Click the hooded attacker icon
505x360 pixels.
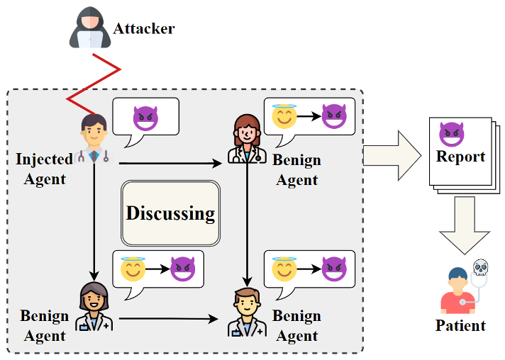coord(89,30)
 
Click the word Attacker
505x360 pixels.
coord(144,28)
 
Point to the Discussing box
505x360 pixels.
coord(170,213)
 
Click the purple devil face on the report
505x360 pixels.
coord(451,133)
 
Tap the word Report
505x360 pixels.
coord(460,157)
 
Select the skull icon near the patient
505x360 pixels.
coord(481,268)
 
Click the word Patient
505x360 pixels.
coord(460,326)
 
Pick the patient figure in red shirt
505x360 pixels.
coord(457,291)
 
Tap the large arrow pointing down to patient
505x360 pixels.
coord(465,224)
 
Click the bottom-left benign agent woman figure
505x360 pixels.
coord(94,306)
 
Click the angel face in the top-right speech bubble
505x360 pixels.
coord(285,116)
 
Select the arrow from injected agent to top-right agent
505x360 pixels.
coord(170,164)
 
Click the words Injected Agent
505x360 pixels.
coord(44,169)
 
